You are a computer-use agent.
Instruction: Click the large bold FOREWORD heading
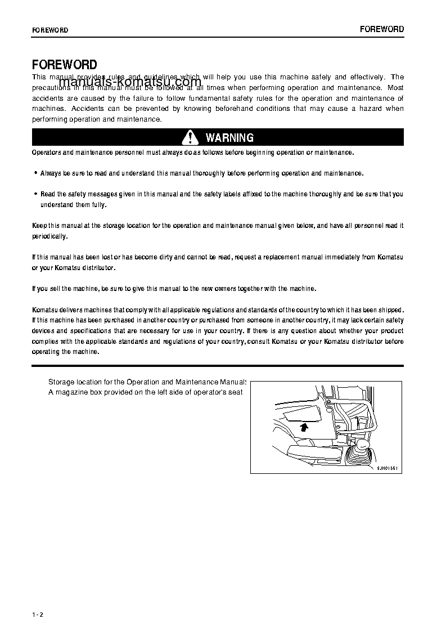point(64,65)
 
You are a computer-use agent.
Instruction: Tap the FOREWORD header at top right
point(382,29)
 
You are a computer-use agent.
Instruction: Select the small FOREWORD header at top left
point(50,30)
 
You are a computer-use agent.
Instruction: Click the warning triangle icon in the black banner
point(191,137)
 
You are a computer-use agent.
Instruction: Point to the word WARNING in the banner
point(229,138)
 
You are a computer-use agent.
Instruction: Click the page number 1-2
point(38,614)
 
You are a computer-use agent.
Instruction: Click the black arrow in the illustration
point(304,427)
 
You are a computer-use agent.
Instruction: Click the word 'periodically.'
point(50,236)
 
